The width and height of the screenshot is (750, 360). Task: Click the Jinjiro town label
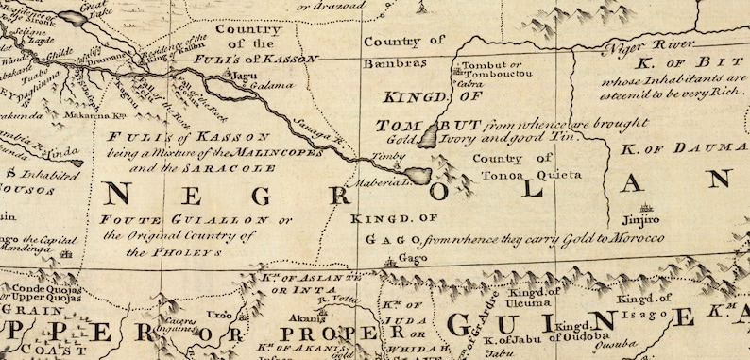click(x=646, y=219)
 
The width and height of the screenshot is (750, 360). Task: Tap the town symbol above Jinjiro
click(x=647, y=207)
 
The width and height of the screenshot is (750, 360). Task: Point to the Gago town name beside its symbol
click(x=407, y=257)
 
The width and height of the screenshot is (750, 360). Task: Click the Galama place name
click(x=273, y=84)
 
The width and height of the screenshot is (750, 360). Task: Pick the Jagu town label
click(x=246, y=74)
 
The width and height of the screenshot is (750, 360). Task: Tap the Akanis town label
click(x=302, y=317)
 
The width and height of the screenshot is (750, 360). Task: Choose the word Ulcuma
click(x=528, y=302)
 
